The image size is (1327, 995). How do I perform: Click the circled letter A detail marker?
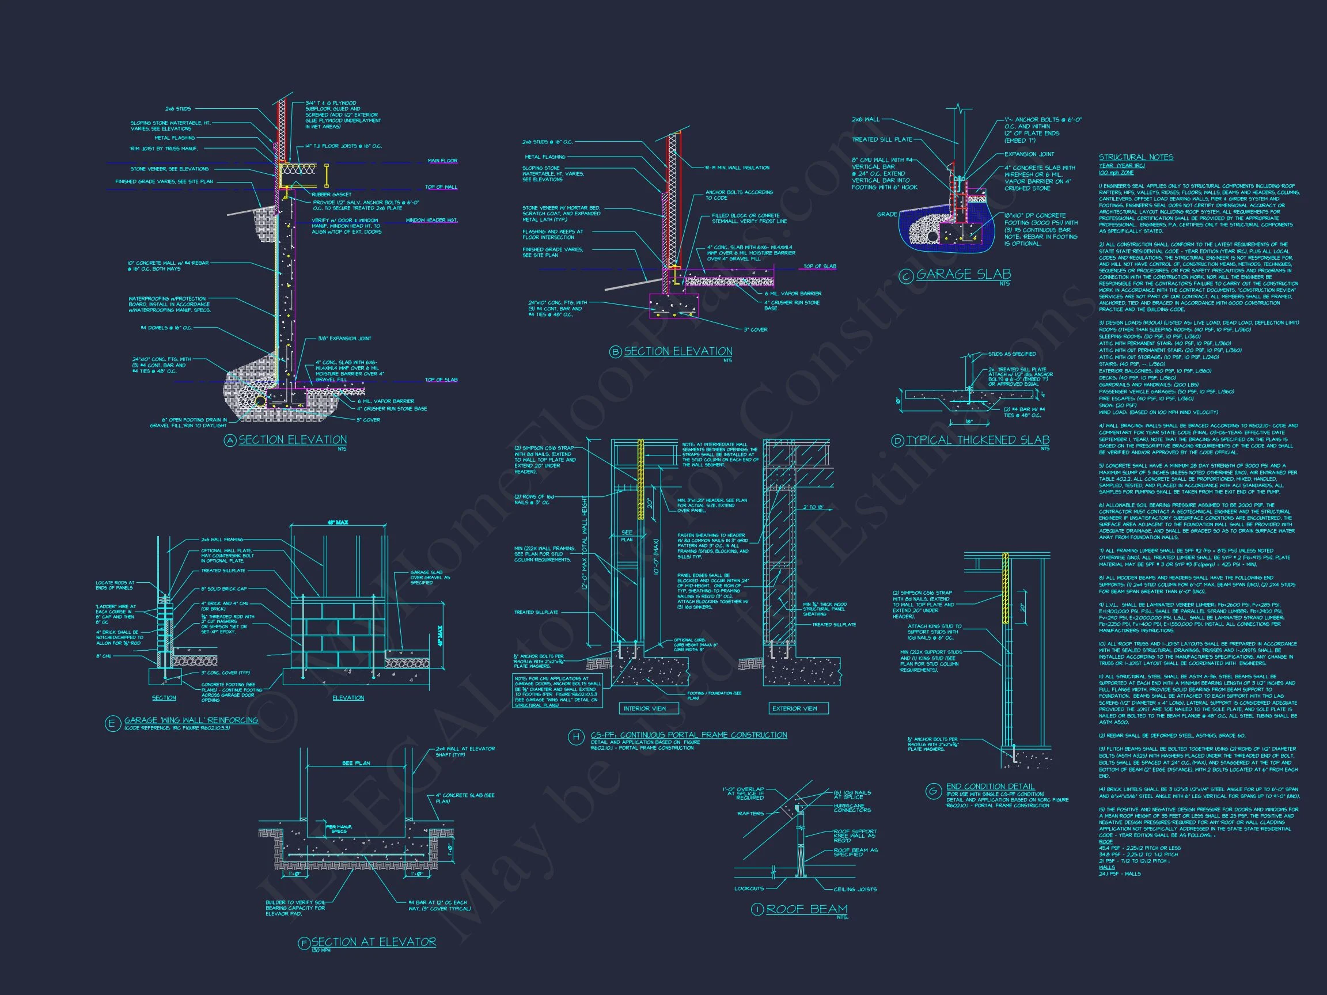(230, 440)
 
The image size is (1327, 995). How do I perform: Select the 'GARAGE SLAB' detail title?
(964, 274)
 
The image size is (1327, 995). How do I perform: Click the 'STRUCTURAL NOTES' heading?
(1136, 157)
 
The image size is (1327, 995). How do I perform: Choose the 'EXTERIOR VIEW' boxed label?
(794, 708)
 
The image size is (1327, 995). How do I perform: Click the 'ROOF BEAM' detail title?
(807, 909)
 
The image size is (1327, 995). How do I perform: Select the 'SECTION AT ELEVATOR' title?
(373, 941)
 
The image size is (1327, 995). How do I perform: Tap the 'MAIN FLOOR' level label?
(442, 161)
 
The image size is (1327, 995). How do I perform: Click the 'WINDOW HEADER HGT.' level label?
(431, 220)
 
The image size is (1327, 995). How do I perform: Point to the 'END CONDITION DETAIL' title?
(990, 787)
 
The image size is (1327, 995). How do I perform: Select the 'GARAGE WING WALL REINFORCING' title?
(191, 720)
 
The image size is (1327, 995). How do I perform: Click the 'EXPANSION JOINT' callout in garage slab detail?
(1029, 154)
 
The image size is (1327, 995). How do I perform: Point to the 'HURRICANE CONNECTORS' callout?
(852, 808)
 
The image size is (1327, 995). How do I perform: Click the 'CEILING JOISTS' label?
(855, 889)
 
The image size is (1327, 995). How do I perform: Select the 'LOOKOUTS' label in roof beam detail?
(749, 888)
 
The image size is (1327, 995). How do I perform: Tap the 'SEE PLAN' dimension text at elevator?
(356, 764)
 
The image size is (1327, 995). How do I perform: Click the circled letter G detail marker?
(932, 791)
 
